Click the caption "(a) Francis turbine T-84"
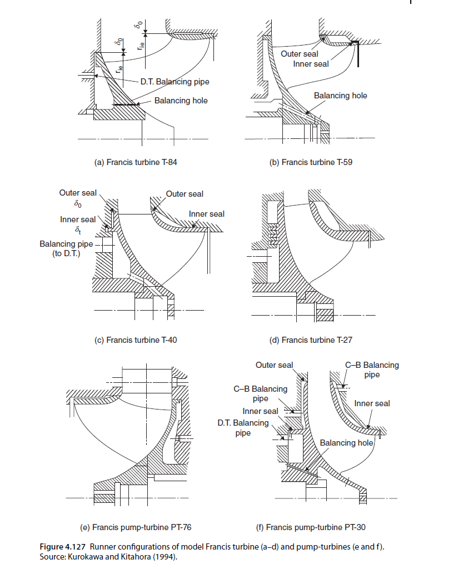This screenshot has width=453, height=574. [136, 162]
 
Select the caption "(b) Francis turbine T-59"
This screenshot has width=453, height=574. [317, 162]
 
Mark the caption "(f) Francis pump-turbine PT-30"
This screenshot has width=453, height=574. [316, 527]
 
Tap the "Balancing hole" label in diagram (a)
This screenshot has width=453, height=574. [181, 101]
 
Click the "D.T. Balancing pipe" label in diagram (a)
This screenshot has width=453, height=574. [175, 82]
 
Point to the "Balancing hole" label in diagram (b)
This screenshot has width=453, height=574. [340, 96]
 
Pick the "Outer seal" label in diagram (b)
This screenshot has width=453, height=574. [300, 54]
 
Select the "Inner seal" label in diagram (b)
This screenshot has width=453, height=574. [311, 64]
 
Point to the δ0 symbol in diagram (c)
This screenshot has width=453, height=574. [86, 203]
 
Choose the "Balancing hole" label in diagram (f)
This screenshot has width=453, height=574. [346, 442]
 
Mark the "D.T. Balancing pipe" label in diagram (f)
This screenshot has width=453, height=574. [242, 427]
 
